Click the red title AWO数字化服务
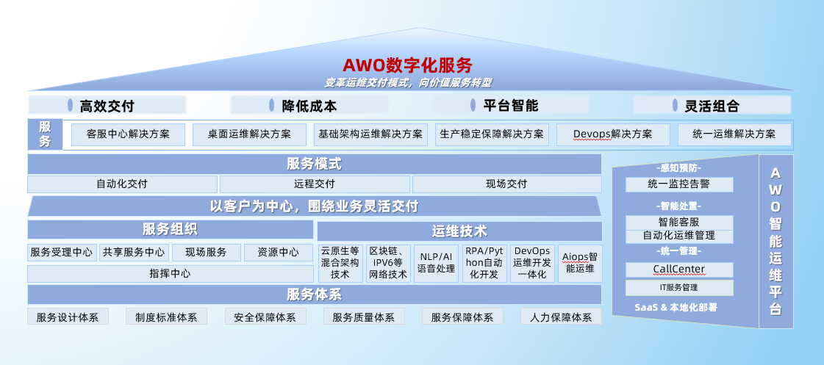(x=407, y=65)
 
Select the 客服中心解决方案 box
(x=128, y=134)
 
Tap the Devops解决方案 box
(x=613, y=134)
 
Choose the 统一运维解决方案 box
(x=734, y=134)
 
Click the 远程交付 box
(x=315, y=184)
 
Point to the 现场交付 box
(x=506, y=184)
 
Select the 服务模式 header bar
(x=315, y=165)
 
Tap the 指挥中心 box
(x=171, y=274)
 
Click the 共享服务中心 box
(x=134, y=253)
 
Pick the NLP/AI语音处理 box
(x=436, y=264)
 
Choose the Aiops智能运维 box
(x=580, y=264)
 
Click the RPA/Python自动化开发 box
(x=484, y=264)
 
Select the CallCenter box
(x=679, y=270)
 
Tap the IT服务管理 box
(x=679, y=288)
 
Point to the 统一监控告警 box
(x=679, y=185)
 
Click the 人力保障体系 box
(x=562, y=317)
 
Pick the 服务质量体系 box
(x=364, y=317)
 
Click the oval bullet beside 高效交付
(x=70, y=105)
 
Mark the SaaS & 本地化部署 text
(x=676, y=308)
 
